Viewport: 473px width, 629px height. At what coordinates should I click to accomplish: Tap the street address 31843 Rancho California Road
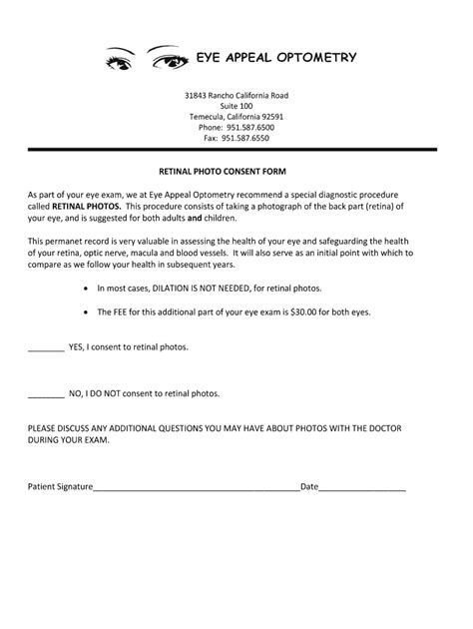[x=236, y=95]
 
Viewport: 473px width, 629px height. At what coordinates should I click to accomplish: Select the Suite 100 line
[x=236, y=106]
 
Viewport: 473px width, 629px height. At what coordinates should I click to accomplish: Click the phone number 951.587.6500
[x=249, y=128]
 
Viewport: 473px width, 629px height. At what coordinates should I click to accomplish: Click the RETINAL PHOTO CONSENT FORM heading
[x=236, y=171]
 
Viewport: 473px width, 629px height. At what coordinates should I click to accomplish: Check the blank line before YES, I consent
[x=45, y=351]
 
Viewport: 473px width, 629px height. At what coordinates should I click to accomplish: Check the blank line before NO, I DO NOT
[x=45, y=395]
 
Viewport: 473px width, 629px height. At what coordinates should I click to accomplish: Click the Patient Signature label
[x=60, y=487]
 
